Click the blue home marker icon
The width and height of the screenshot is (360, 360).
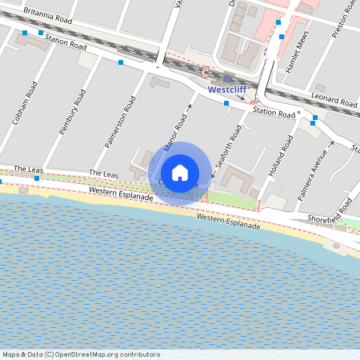click(180, 173)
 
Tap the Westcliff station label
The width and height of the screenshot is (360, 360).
click(227, 90)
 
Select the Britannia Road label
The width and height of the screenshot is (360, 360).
click(48, 14)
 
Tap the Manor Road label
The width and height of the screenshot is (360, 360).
click(174, 132)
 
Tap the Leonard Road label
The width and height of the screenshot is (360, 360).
click(334, 102)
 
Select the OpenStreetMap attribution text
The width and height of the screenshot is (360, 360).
click(81, 354)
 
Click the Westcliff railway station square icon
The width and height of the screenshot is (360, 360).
click(227, 78)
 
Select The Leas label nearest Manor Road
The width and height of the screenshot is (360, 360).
click(104, 173)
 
